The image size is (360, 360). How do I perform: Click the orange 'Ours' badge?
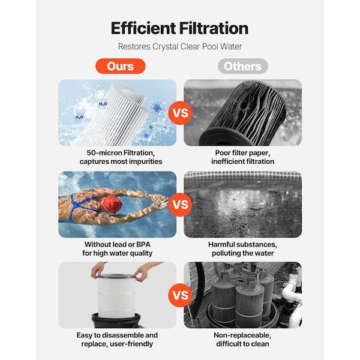[121, 66]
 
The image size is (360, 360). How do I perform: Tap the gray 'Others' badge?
[242, 66]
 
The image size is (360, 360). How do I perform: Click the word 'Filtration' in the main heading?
[214, 28]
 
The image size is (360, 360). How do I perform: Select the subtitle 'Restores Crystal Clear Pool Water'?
[180, 47]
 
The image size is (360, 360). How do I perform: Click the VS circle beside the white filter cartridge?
[180, 113]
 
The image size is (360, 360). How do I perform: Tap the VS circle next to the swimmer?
[180, 205]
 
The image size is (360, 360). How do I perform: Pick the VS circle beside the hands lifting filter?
[180, 295]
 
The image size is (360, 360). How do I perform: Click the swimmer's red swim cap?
[112, 205]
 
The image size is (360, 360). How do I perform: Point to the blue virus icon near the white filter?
[157, 107]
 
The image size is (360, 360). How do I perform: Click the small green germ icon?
[151, 127]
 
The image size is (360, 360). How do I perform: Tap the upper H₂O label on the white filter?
[103, 104]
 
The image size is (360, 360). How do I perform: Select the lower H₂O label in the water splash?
[79, 118]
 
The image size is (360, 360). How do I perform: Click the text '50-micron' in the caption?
[104, 153]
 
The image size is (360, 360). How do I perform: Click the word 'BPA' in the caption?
[143, 245]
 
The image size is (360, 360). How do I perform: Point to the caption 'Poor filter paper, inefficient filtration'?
[242, 157]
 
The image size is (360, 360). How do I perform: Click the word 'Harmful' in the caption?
[222, 245]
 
